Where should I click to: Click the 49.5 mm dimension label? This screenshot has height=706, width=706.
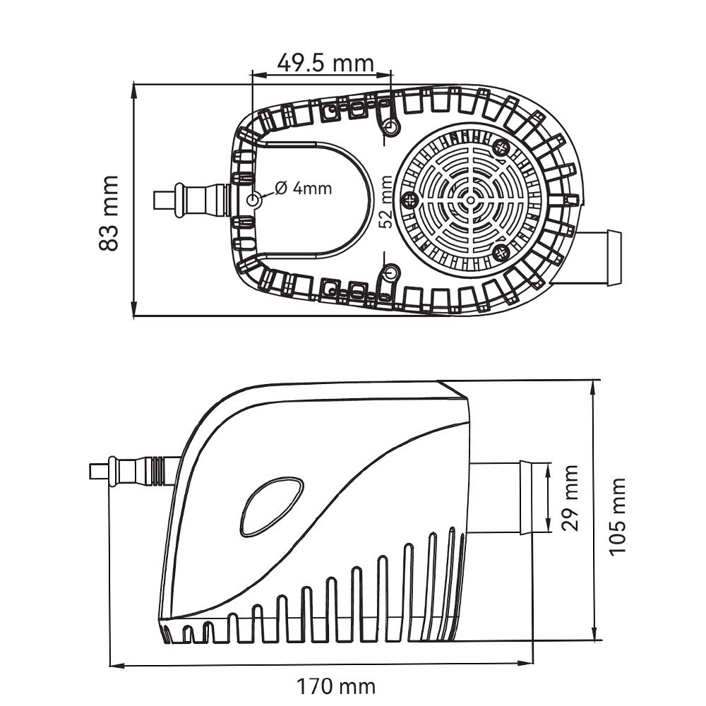pos(325,63)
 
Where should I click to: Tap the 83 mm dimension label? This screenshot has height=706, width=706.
pos(108,213)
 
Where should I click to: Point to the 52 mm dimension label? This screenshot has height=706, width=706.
pos(385,202)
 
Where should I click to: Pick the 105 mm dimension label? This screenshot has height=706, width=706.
pos(618,516)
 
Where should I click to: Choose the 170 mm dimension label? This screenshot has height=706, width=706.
pos(335,685)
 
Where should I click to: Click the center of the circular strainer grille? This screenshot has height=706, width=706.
pos(468,200)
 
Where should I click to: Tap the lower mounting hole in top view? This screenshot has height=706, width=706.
pos(390,273)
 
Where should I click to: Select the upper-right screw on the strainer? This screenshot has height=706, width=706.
pos(502,148)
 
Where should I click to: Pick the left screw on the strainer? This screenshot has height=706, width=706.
pos(408,200)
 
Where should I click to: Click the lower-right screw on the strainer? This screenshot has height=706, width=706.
pos(501,252)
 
